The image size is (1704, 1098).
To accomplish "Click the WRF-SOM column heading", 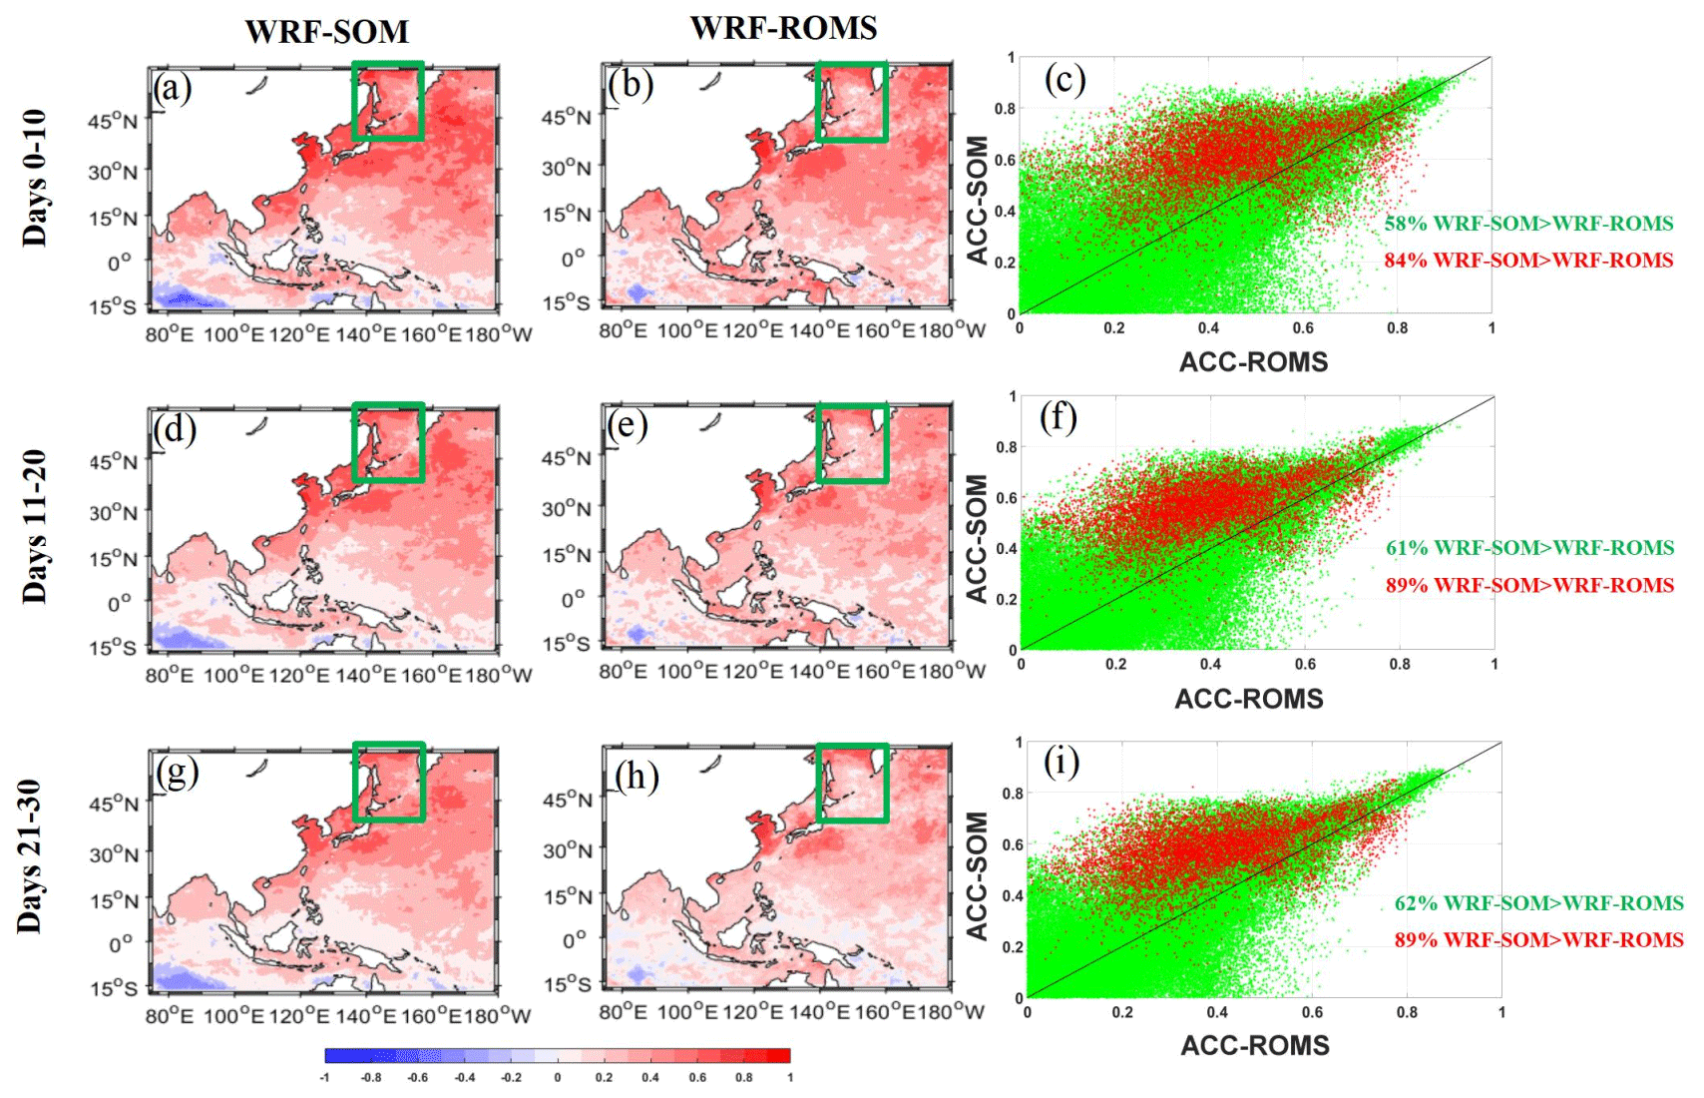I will click(327, 32).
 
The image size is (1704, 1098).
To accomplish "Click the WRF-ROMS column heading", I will click(783, 28).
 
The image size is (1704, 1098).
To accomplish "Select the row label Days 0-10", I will click(35, 178).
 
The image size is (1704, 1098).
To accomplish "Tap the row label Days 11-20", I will click(35, 526).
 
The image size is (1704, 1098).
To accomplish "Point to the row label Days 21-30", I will click(30, 856).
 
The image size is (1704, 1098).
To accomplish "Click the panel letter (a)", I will click(172, 89).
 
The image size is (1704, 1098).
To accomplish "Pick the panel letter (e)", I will click(628, 426).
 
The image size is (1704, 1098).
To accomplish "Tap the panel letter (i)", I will click(1061, 763).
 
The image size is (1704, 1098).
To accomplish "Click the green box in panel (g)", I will click(389, 782).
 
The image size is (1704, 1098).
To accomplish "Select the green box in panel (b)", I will click(851, 101).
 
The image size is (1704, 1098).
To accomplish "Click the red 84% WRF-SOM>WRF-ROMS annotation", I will click(1527, 261).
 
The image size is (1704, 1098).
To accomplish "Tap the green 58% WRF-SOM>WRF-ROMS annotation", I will click(1527, 224).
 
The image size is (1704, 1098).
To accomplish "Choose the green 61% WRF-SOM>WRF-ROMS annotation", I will click(1529, 548).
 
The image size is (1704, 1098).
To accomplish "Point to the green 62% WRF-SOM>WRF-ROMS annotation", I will click(1538, 903).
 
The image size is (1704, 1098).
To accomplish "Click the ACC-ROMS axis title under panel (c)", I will click(1253, 361).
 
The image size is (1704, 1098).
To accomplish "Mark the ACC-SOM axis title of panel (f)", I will click(977, 539).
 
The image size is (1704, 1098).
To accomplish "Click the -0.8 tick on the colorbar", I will click(371, 1078).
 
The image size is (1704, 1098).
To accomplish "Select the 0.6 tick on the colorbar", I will click(697, 1078).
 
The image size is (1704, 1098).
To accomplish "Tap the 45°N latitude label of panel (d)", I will click(114, 462).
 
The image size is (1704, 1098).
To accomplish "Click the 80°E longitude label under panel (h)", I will click(623, 1012).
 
